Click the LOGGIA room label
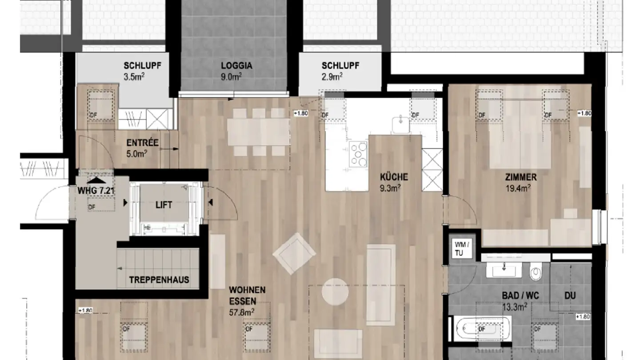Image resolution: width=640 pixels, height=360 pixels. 236,66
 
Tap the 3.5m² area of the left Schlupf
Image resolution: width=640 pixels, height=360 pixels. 135,76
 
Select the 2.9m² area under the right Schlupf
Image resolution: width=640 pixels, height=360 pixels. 332,76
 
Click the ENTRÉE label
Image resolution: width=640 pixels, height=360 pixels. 142,143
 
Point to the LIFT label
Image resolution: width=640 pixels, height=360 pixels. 164,205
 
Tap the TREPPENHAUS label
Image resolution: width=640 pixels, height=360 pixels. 159,280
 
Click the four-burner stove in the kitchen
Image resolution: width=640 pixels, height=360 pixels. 358,153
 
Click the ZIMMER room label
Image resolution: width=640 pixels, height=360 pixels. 520,177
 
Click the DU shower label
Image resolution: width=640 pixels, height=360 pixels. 570,295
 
